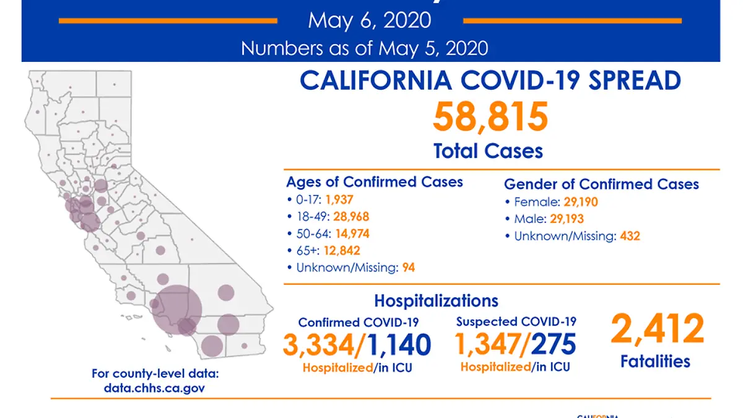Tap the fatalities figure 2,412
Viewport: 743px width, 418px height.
657,329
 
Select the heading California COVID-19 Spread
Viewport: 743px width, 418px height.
490,81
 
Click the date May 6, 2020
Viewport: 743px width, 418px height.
370,20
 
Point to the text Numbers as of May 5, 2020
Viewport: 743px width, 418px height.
365,48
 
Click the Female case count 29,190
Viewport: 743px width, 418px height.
581,202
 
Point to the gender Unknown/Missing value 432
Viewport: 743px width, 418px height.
630,236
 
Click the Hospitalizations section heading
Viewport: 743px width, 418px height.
436,301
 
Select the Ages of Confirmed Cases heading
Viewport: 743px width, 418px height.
374,182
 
